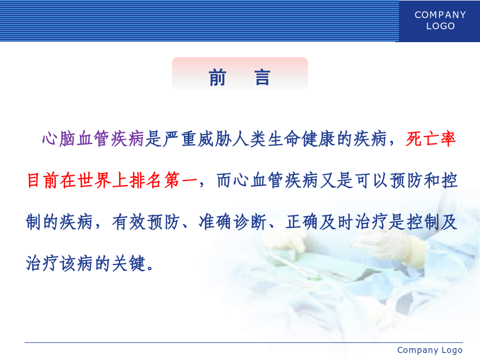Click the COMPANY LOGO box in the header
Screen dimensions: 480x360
[x=439, y=21]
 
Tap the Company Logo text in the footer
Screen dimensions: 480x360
[x=430, y=350]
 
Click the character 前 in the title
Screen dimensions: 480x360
[x=218, y=77]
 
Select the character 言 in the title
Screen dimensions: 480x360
[x=262, y=77]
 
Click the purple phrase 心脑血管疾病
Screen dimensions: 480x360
[x=93, y=139]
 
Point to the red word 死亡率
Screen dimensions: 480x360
[x=431, y=139]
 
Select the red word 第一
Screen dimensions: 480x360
[x=181, y=180]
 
